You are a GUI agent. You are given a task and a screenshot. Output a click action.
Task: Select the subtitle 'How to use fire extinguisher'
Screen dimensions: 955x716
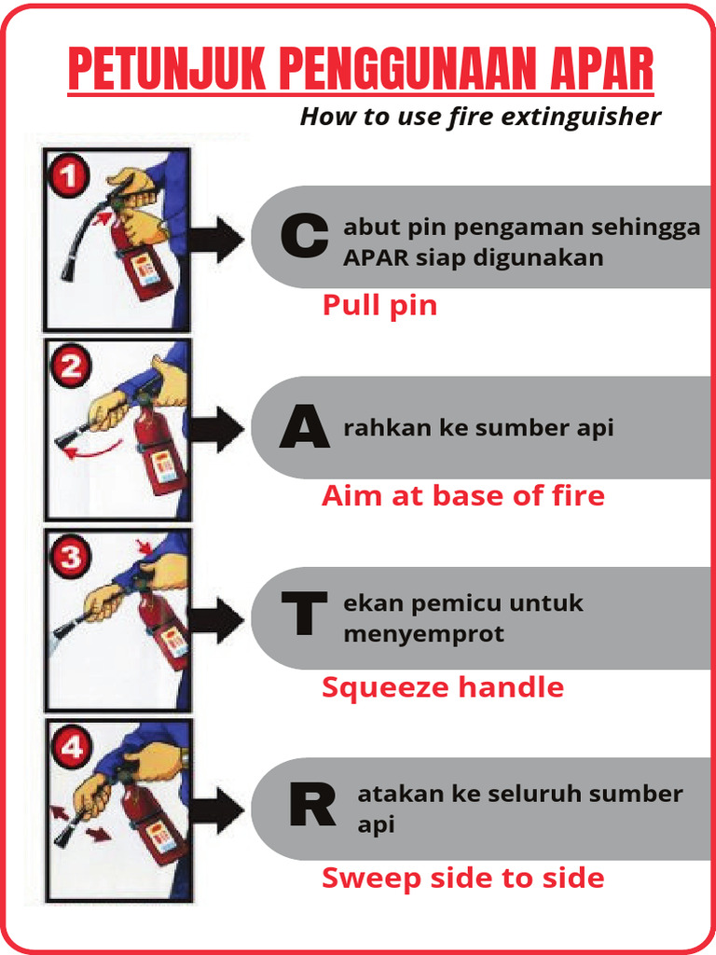tap(480, 118)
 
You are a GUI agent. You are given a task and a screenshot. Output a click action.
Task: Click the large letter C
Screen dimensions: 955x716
tap(304, 237)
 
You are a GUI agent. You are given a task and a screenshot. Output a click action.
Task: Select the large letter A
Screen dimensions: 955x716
tap(304, 429)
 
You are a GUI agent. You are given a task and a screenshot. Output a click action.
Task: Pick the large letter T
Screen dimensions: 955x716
tap(304, 618)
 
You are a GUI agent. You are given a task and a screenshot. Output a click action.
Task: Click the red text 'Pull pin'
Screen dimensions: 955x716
tap(379, 306)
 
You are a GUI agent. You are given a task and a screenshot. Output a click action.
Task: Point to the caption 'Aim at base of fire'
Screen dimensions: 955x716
tap(462, 496)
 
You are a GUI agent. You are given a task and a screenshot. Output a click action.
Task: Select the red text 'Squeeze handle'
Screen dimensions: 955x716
tap(443, 688)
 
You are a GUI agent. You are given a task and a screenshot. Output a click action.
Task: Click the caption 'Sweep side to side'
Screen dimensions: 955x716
tap(462, 879)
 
